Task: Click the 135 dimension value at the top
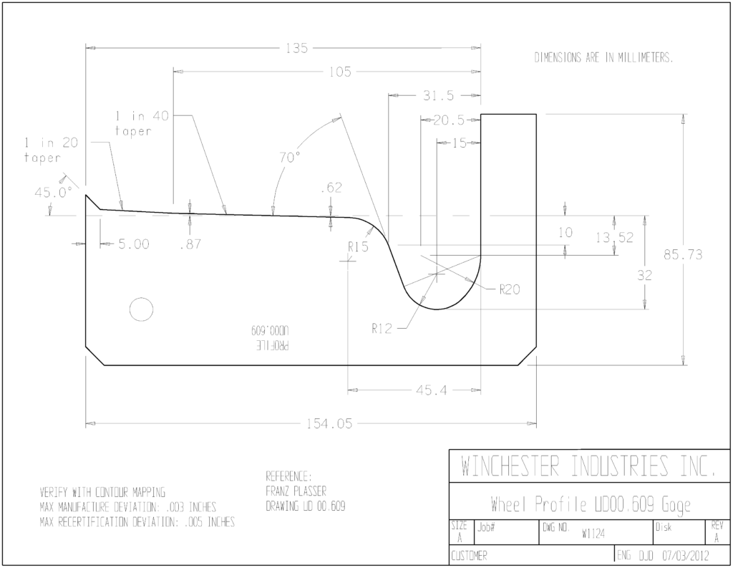(297, 48)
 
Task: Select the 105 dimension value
(340, 72)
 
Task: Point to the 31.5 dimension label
(438, 95)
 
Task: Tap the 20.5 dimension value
(449, 120)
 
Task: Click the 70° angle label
(290, 158)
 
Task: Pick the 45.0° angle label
(53, 192)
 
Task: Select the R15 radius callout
(358, 246)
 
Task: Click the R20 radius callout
(509, 289)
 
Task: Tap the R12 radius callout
(382, 329)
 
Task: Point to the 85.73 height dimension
(683, 254)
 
